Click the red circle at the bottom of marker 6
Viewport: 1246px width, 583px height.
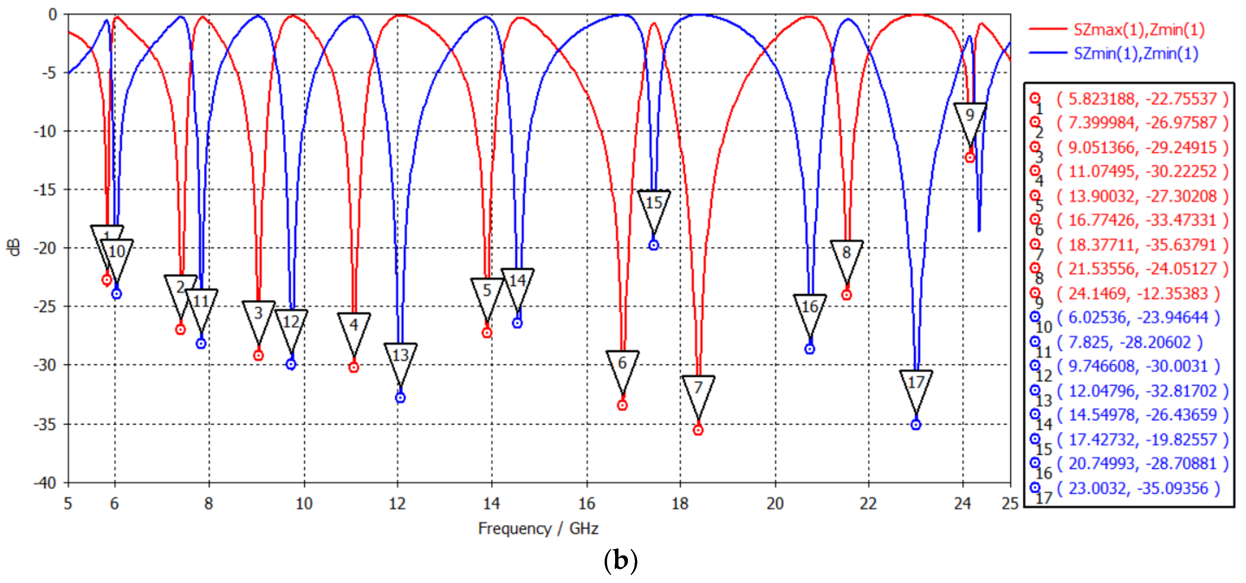pyautogui.click(x=622, y=405)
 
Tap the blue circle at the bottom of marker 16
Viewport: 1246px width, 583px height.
pyautogui.click(x=810, y=349)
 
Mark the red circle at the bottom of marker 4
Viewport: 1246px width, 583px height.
pyautogui.click(x=353, y=367)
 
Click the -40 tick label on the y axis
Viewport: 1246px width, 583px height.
pyautogui.click(x=45, y=482)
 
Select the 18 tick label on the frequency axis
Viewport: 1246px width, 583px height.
pyautogui.click(x=680, y=504)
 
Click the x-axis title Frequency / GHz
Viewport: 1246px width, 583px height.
pyautogui.click(x=538, y=529)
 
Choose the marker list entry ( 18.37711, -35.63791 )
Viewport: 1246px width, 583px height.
pyautogui.click(x=1142, y=245)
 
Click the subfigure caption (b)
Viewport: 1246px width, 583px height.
pyautogui.click(x=620, y=561)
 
